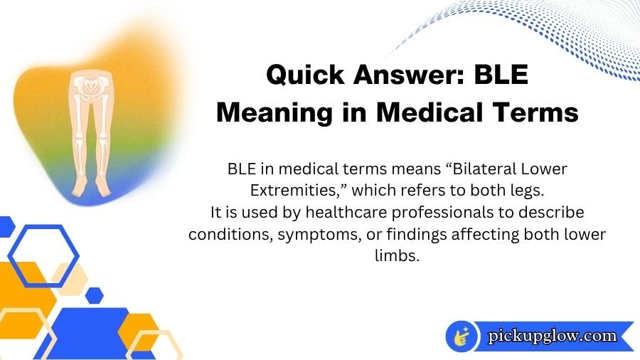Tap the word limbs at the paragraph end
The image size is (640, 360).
(396, 255)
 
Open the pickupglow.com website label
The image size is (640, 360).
(553, 336)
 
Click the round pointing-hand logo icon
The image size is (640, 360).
(462, 337)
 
